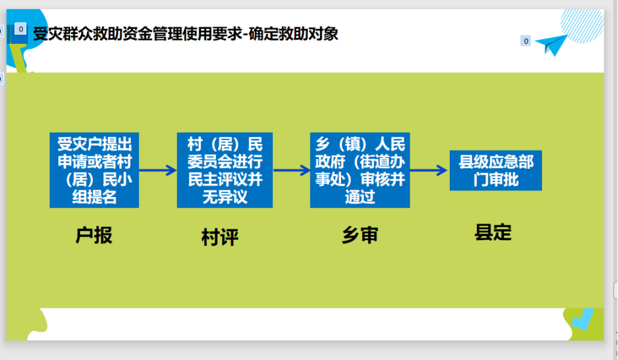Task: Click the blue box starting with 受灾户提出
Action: pos(94,170)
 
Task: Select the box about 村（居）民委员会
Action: pos(225,170)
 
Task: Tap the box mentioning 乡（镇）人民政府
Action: pos(359,170)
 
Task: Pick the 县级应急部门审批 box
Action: pos(496,171)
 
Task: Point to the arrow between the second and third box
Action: pos(291,170)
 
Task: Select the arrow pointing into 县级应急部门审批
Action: pos(429,170)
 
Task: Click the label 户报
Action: pos(94,235)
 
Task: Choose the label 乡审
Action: pos(359,235)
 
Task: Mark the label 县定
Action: pos(493,232)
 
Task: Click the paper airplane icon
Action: pos(551,44)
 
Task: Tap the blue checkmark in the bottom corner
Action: pos(581,319)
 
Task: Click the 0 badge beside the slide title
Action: pos(20,29)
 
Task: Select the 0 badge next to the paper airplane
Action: pos(526,41)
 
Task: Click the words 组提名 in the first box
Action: pos(94,197)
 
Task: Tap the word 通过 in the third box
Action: pos(359,197)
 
